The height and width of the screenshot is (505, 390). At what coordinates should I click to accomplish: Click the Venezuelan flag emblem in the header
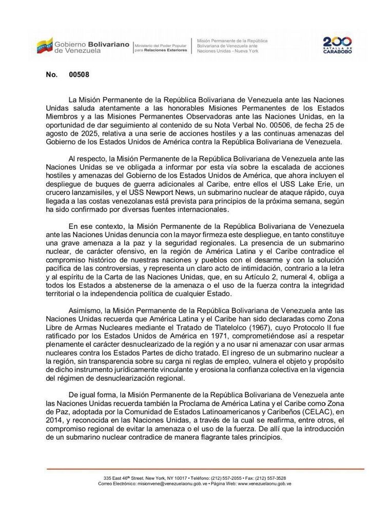(x=44, y=46)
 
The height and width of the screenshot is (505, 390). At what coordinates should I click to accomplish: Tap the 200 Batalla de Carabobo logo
(x=337, y=45)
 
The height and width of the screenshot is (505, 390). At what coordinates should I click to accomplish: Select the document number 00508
(x=79, y=75)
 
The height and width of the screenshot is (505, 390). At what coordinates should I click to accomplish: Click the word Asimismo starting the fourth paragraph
(x=85, y=311)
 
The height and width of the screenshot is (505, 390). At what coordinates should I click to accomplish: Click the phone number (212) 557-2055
(x=231, y=478)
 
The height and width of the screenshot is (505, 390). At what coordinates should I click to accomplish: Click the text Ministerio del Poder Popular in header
(x=161, y=45)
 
